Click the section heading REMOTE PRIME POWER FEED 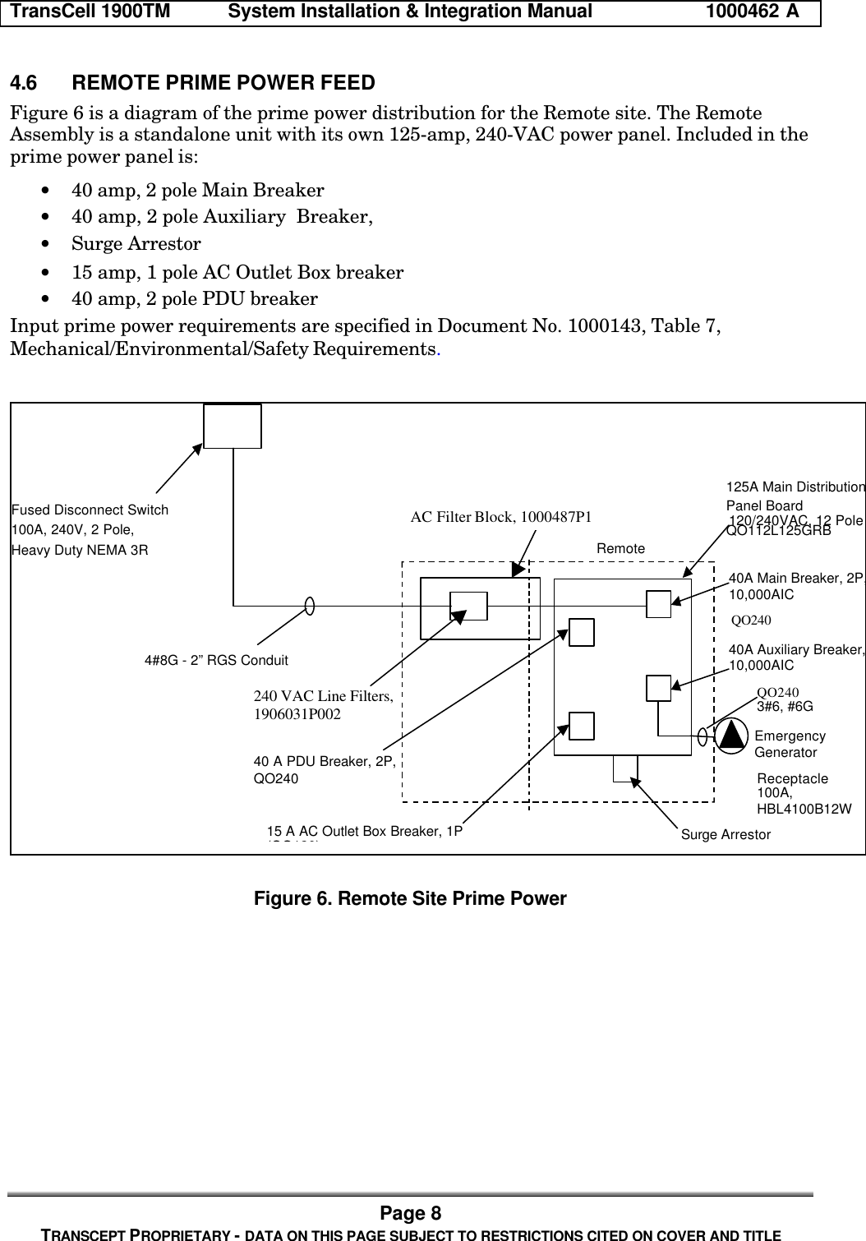223,83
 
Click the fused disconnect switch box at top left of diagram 233,426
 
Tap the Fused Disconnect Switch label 90,510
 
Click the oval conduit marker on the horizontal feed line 310,606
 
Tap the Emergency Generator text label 789,745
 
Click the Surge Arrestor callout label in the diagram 726,835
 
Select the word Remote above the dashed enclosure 620,548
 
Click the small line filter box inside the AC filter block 469,606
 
